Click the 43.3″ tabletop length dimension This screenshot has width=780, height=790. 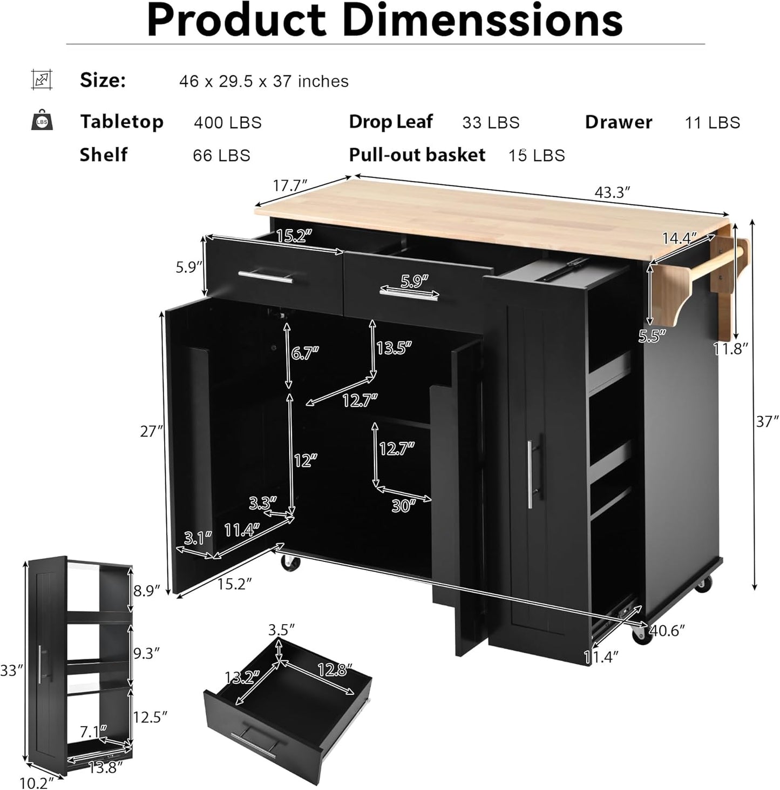pos(613,192)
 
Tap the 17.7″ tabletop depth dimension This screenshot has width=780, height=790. pos(290,185)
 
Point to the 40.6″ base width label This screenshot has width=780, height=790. pos(667,630)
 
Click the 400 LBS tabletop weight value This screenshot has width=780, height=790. pos(228,123)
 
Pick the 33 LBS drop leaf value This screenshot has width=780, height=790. pos(491,123)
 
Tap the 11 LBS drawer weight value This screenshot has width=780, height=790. pos(713,123)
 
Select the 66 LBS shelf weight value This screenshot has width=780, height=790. pos(222,156)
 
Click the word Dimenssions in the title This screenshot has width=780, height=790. pos(483,21)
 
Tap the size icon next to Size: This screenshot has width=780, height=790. pos(42,80)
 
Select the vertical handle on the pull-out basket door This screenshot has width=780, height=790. pos(531,473)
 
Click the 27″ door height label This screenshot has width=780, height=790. pos(151,431)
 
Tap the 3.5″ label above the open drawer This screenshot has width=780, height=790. pos(281,630)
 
